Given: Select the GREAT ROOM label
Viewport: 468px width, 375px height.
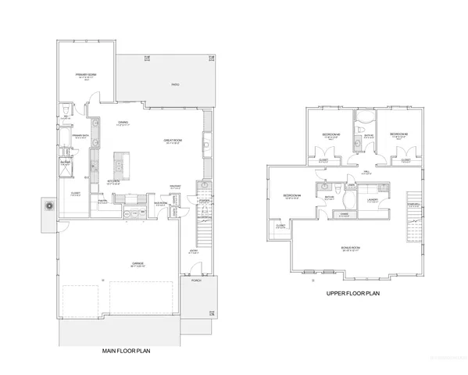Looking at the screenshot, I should (x=172, y=140).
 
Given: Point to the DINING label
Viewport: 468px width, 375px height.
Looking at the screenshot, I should (x=123, y=123).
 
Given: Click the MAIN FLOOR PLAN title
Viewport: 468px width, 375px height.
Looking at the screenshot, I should (x=127, y=352).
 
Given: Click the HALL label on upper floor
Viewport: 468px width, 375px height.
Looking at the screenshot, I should (x=366, y=172).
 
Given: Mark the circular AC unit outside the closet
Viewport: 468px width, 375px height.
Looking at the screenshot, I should (x=49, y=207).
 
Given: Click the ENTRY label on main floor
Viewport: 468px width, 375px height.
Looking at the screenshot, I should (x=193, y=252).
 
